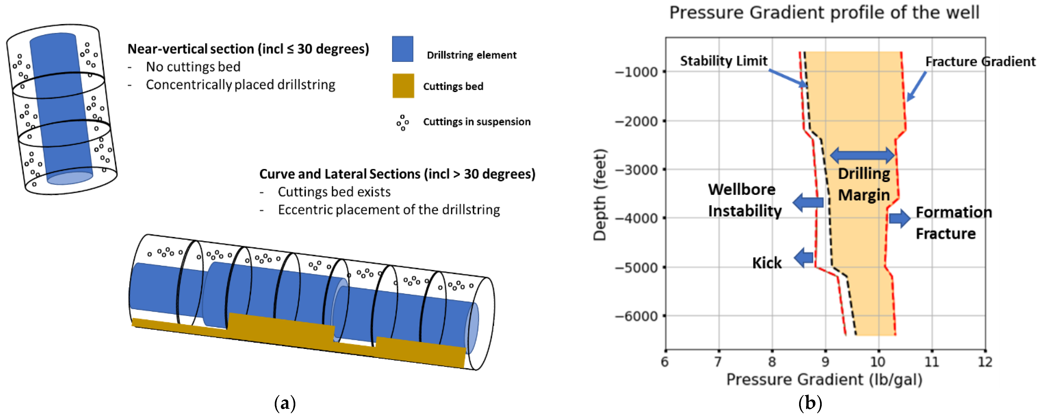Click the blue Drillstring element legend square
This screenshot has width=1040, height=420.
click(x=402, y=49)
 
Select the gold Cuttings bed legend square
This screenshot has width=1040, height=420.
click(x=403, y=86)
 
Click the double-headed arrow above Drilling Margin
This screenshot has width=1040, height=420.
click(x=862, y=155)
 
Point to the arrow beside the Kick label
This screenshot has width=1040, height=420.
click(x=804, y=258)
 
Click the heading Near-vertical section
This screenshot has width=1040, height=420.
click(x=248, y=49)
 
